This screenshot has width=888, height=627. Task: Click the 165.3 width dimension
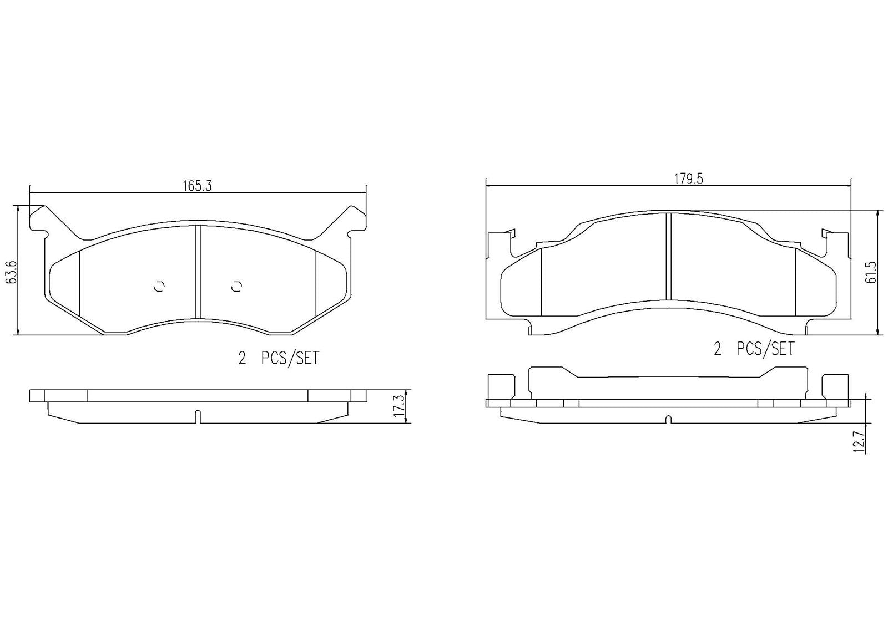[198, 186]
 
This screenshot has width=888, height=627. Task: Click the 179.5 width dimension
[688, 179]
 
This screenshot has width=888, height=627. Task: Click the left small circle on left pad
[159, 286]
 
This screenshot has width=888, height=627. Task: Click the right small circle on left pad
[237, 286]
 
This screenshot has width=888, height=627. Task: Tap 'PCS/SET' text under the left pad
[290, 359]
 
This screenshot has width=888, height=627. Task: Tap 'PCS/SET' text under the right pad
[765, 349]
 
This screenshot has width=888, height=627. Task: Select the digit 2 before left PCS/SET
[242, 359]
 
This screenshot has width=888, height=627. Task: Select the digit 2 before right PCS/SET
[717, 349]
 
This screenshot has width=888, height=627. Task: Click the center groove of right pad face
[668, 256]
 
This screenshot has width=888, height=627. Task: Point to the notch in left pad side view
[198, 416]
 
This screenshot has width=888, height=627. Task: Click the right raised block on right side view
[835, 386]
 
